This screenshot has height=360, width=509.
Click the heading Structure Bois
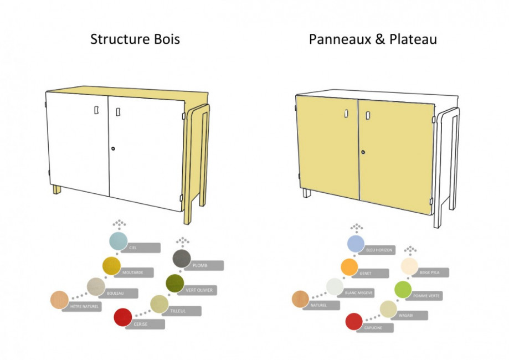click(135, 39)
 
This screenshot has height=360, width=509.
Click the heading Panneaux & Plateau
click(373, 39)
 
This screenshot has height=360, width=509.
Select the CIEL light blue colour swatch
click(118, 241)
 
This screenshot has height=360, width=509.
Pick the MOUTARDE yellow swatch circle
click(111, 266)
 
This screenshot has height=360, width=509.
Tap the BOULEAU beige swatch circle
click(96, 286)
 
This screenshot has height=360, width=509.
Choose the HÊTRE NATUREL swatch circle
click(59, 300)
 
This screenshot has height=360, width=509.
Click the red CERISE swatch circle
click(122, 317)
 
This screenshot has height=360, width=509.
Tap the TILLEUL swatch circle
click(159, 304)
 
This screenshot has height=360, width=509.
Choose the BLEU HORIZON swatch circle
click(356, 244)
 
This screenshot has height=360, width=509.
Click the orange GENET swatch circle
click(349, 267)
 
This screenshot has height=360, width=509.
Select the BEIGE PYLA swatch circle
click(409, 266)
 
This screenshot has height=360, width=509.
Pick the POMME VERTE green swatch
click(403, 290)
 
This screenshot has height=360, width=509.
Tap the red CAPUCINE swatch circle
click(353, 321)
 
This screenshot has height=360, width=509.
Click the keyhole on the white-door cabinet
click(113, 148)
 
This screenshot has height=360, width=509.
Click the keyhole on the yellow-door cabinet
click(363, 152)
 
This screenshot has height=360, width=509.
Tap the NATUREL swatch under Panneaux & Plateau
click(300, 299)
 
